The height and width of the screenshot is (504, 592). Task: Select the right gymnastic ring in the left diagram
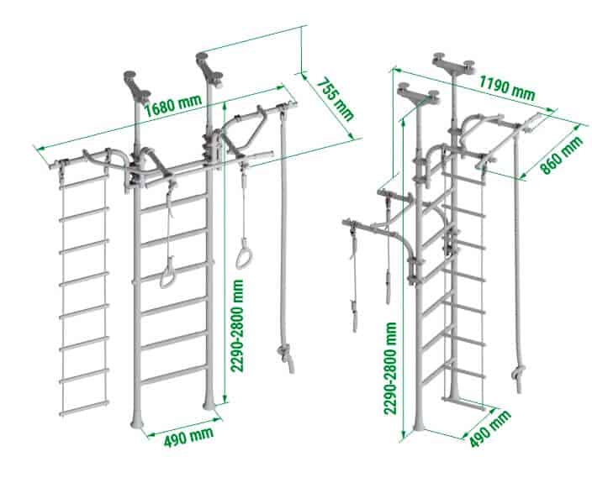click(244, 255)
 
